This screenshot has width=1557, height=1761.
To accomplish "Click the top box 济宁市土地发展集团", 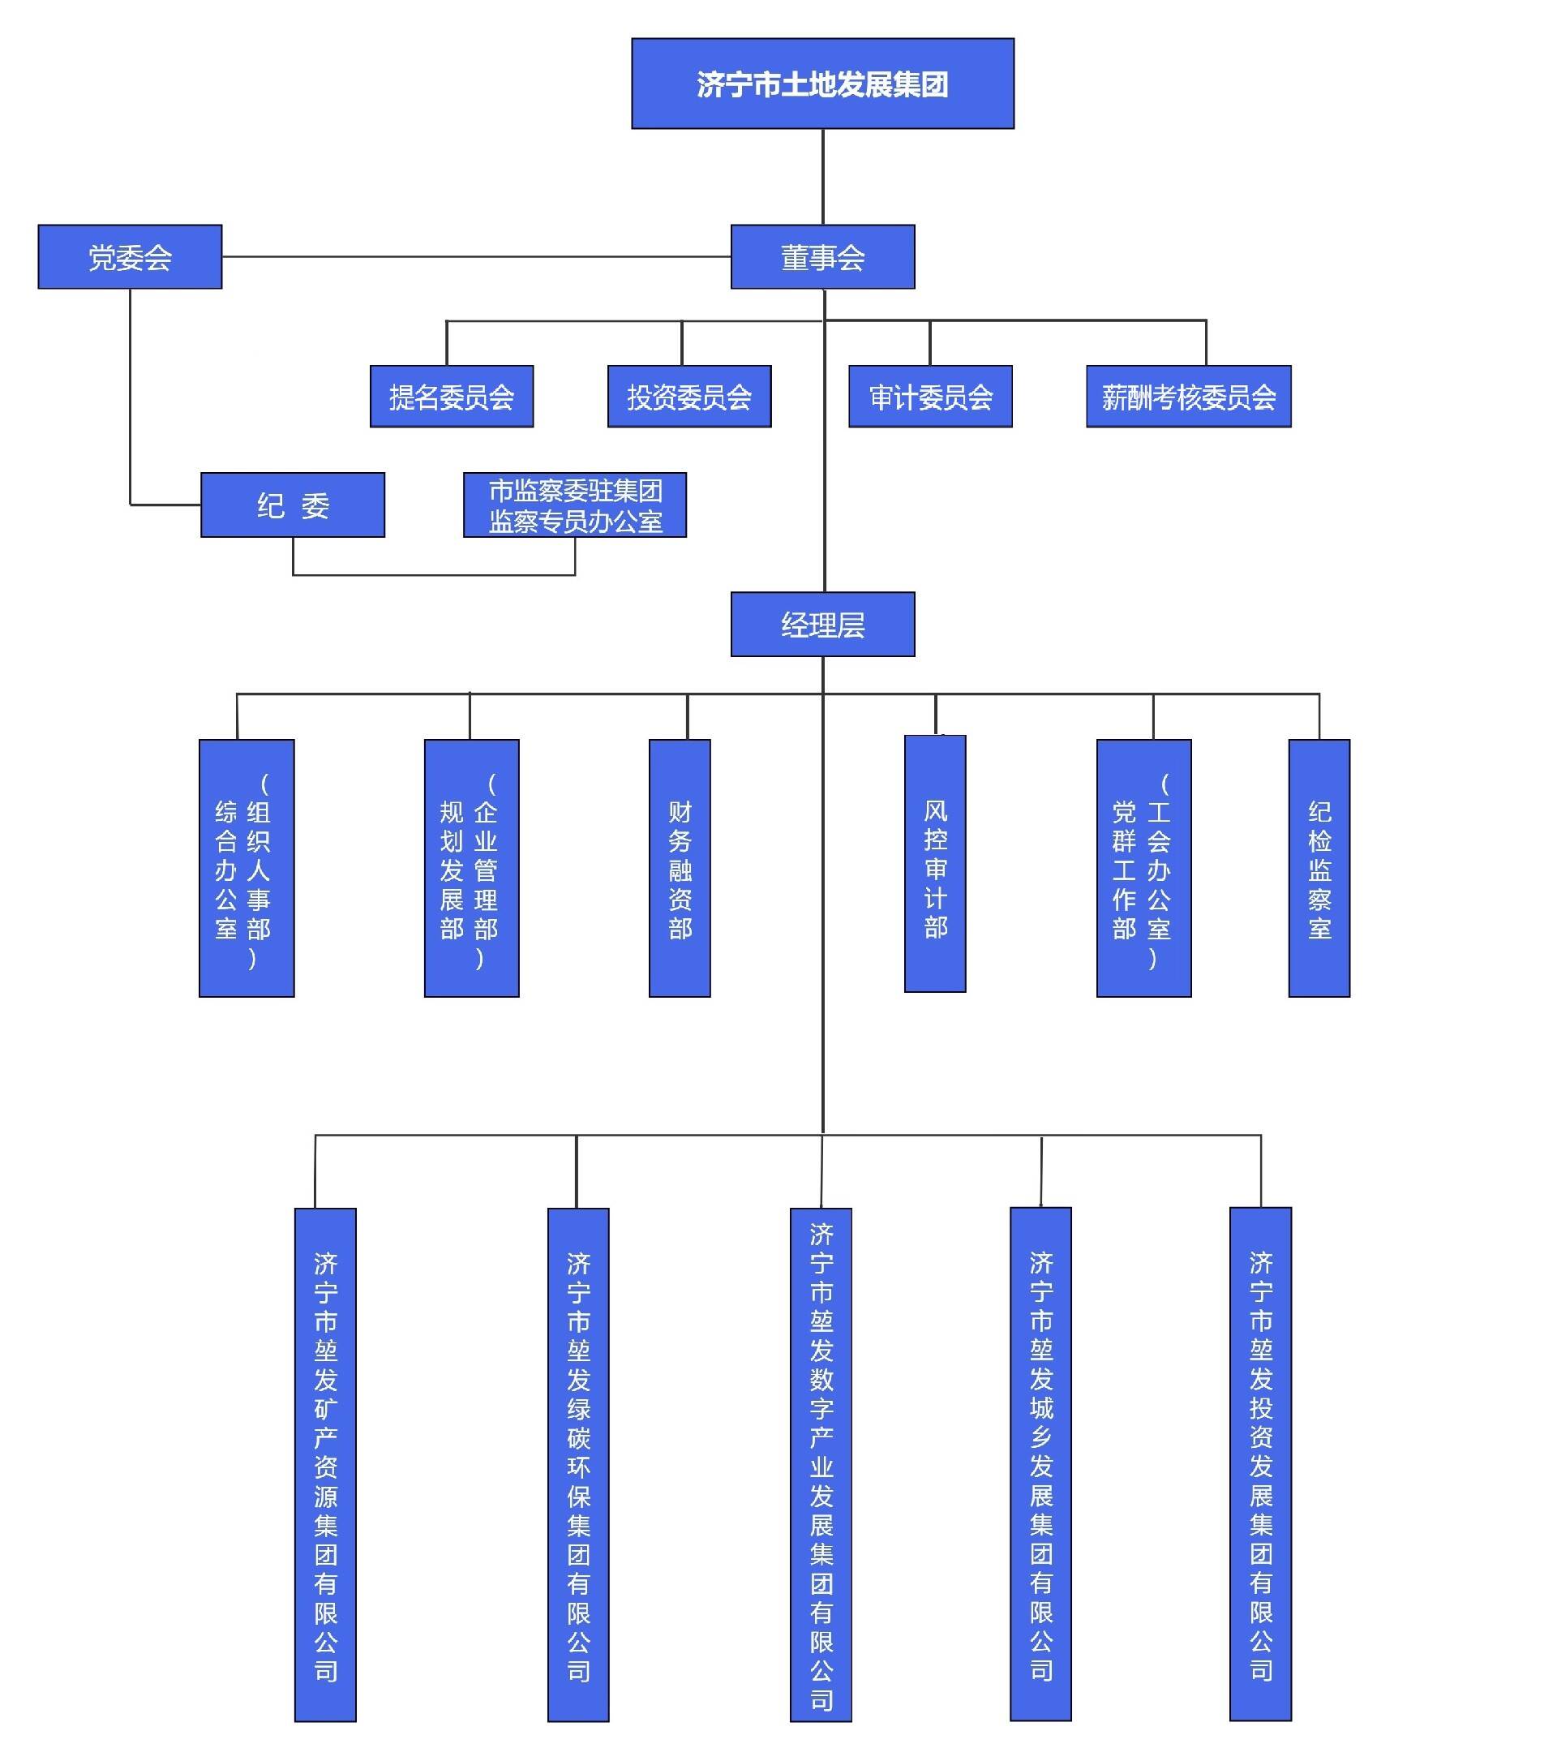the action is [x=822, y=84].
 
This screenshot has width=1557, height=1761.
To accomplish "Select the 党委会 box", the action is [x=130, y=257].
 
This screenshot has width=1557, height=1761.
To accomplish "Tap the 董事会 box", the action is [x=822, y=257].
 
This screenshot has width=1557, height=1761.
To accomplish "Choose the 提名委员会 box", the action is [x=451, y=397].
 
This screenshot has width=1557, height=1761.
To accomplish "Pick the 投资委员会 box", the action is [x=689, y=397].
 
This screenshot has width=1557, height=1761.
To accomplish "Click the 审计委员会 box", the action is [x=930, y=397].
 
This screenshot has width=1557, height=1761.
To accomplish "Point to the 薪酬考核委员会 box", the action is [x=1188, y=397].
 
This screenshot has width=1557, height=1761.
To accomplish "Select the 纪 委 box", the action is [x=293, y=505].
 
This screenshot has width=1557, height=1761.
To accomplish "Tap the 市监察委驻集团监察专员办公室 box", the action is [x=574, y=505].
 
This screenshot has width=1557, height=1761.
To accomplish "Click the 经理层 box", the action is [x=822, y=624].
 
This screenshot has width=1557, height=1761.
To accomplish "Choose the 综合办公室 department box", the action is [x=247, y=869].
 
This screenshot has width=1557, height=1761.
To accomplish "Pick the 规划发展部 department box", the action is [x=471, y=869].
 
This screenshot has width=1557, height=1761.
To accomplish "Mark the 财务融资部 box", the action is [x=680, y=869].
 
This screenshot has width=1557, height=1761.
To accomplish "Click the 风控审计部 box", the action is [x=935, y=864].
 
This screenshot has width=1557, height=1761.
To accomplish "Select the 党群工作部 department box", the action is [x=1143, y=869].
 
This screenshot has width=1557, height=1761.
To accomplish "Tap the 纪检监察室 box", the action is [x=1319, y=869].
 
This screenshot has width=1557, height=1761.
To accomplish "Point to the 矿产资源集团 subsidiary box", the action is [x=325, y=1465].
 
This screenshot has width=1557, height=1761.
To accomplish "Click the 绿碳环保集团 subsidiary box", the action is [x=578, y=1465].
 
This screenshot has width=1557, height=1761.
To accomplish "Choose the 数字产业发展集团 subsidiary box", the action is [x=821, y=1465].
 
